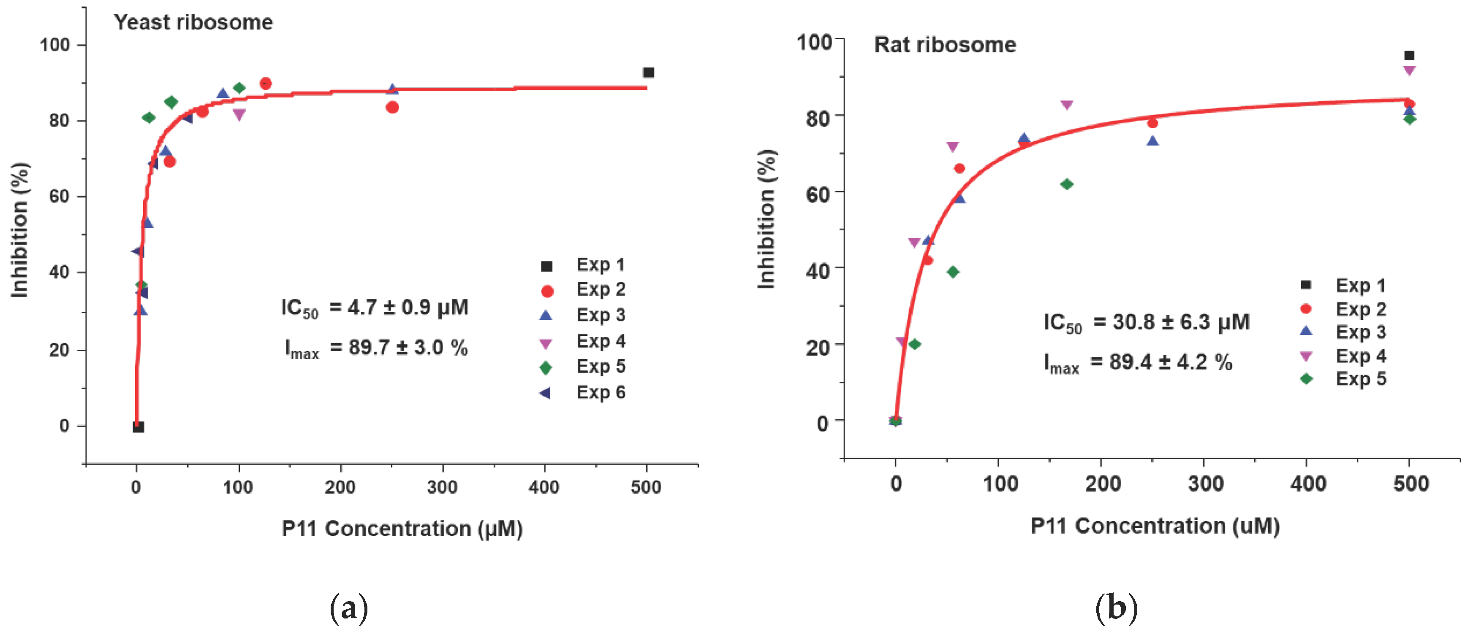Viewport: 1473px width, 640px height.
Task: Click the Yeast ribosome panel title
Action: (x=193, y=22)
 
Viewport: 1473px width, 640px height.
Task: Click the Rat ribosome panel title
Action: (x=945, y=45)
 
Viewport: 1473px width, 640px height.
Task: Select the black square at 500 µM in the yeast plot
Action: (x=648, y=73)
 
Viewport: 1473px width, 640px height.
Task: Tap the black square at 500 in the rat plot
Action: (x=1409, y=55)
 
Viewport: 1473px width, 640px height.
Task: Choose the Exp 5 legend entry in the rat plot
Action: (x=1360, y=379)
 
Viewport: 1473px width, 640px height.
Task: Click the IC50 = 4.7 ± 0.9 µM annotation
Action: (x=375, y=308)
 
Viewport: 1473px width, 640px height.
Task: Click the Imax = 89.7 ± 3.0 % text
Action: (x=376, y=348)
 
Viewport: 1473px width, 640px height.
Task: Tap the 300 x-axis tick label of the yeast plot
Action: (x=442, y=487)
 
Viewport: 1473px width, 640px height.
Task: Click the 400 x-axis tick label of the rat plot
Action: (x=1308, y=484)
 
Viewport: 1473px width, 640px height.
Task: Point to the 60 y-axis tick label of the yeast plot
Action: (x=59, y=197)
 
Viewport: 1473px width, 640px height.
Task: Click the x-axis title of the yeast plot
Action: (x=402, y=529)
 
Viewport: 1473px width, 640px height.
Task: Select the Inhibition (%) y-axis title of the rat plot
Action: (x=766, y=219)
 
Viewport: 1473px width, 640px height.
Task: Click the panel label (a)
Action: (x=349, y=609)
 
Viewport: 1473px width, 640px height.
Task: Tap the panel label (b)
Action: (x=1116, y=609)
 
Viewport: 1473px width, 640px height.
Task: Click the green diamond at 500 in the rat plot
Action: (x=1409, y=119)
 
